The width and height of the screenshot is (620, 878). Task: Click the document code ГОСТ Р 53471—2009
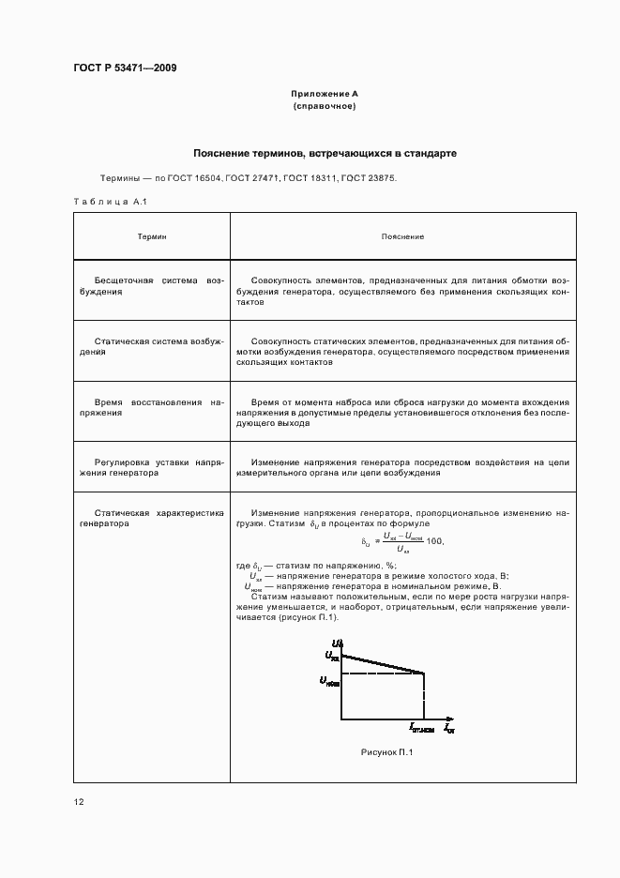click(125, 68)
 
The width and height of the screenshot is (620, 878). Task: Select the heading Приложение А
click(325, 95)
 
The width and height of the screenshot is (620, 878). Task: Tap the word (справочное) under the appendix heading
click(325, 107)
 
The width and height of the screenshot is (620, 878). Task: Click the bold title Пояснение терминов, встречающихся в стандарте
click(325, 152)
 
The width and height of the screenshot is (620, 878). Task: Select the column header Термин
click(152, 236)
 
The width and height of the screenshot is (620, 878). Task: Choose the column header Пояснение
click(402, 236)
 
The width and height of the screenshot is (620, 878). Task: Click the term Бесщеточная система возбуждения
click(152, 286)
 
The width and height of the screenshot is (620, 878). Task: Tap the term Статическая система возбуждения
click(152, 346)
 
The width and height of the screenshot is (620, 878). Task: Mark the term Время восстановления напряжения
click(152, 407)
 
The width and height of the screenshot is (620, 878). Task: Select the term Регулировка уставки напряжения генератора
click(152, 467)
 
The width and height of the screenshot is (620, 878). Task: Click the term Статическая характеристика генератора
click(152, 519)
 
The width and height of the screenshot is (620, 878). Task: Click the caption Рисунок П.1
click(386, 752)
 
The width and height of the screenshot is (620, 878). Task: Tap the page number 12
click(79, 802)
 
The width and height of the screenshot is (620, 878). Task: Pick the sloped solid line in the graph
click(383, 662)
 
